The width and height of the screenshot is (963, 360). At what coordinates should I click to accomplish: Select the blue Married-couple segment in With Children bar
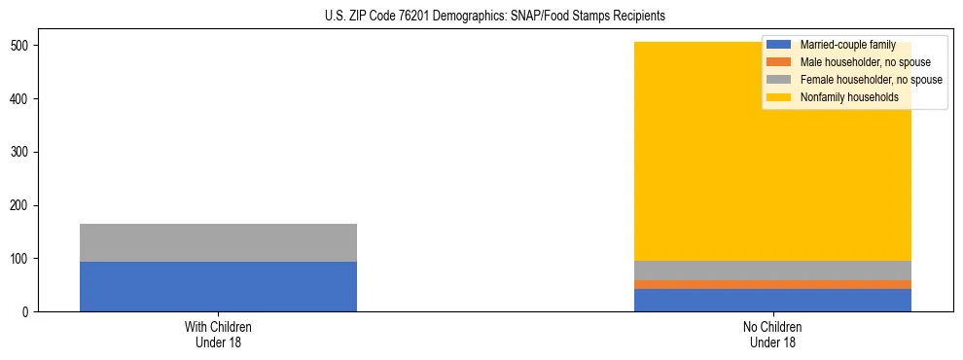pyautogui.click(x=218, y=287)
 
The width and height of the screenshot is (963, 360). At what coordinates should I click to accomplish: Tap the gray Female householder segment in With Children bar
pyautogui.click(x=218, y=243)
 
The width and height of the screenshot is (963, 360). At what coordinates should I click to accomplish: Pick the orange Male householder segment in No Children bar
pyautogui.click(x=772, y=284)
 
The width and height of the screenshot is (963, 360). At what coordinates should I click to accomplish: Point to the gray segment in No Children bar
pyautogui.click(x=772, y=270)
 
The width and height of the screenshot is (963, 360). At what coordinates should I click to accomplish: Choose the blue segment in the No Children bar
pyautogui.click(x=772, y=300)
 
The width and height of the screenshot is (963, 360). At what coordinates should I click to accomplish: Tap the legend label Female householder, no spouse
pyautogui.click(x=871, y=80)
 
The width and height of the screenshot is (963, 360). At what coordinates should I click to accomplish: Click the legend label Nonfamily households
pyautogui.click(x=849, y=97)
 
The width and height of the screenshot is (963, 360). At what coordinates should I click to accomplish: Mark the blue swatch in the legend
pyautogui.click(x=779, y=45)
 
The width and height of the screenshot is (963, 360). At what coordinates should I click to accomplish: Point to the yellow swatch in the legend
pyautogui.click(x=779, y=97)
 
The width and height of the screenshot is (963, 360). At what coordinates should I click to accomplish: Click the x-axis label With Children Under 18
pyautogui.click(x=218, y=335)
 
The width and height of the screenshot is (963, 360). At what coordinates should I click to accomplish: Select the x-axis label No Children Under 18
pyautogui.click(x=772, y=335)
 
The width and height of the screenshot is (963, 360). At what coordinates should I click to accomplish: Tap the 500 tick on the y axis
pyautogui.click(x=23, y=46)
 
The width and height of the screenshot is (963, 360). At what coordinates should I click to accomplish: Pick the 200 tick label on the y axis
pyautogui.click(x=23, y=205)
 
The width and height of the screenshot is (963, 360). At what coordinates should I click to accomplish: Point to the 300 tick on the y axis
pyautogui.click(x=23, y=152)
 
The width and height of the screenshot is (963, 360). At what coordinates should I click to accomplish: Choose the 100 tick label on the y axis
pyautogui.click(x=23, y=259)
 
